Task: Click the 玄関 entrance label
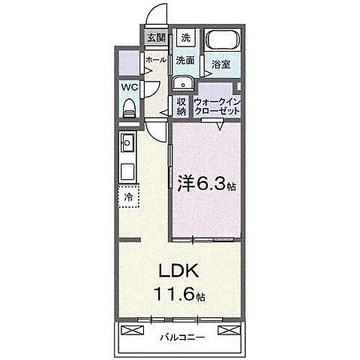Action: click(x=154, y=37)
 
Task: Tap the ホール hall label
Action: click(x=155, y=59)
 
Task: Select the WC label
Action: click(x=129, y=86)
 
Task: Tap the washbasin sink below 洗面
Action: click(x=182, y=83)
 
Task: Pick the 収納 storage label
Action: click(x=182, y=106)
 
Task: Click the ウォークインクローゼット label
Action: click(x=217, y=106)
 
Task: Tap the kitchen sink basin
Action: click(x=127, y=140)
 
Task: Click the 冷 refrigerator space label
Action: click(x=128, y=196)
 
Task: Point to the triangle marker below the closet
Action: click(x=219, y=126)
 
